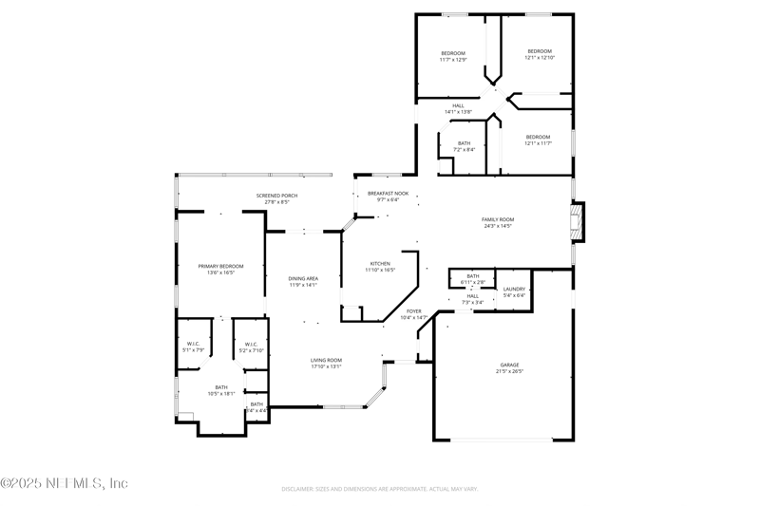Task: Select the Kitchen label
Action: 380,264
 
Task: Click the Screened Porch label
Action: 276,196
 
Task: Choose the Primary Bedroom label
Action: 220,266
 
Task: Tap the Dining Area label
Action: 303,278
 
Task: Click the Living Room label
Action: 326,360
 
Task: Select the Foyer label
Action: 414,310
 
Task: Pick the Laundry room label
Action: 514,289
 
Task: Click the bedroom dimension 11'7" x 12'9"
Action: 453,60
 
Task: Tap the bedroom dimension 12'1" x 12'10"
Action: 540,58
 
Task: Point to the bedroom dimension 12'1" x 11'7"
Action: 538,143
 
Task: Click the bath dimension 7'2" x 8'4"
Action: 464,150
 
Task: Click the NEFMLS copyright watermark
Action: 64,483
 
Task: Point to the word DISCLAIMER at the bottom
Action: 300,489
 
